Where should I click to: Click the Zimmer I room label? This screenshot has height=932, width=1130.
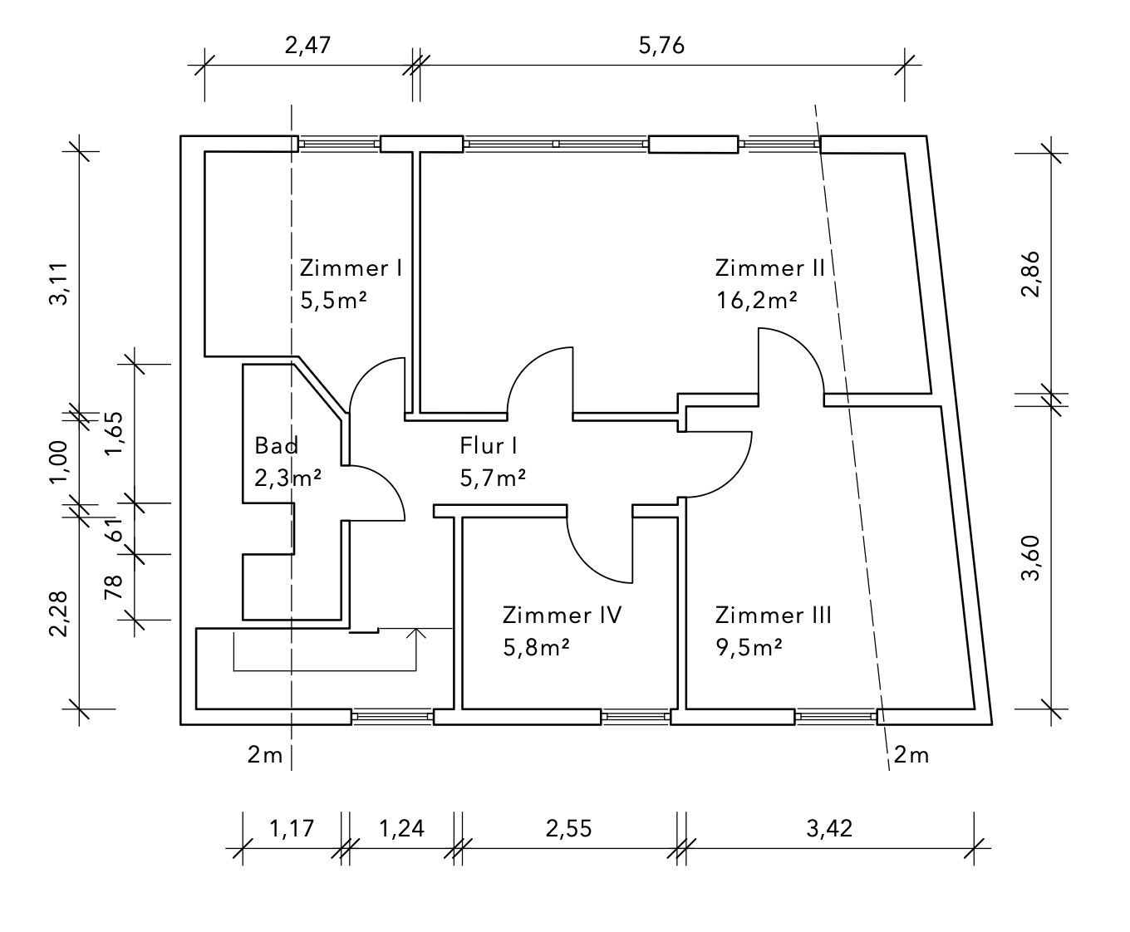coord(351,268)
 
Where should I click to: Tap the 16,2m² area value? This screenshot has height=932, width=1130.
coord(756,300)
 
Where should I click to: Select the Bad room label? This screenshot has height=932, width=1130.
coord(277,446)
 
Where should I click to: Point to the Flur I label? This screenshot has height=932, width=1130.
coord(489,446)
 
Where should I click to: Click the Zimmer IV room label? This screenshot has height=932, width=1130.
coord(562,616)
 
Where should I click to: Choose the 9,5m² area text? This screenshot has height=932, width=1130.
coord(749,647)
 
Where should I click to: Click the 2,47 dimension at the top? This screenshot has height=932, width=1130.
coord(307,45)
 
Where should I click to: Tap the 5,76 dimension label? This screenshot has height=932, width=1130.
coord(661,45)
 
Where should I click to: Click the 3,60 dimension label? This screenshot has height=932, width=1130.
coord(1031,561)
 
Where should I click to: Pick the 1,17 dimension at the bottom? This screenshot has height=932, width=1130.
coord(291,828)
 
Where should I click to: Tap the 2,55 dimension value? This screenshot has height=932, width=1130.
coord(569,828)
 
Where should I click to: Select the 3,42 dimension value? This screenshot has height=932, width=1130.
coord(829,828)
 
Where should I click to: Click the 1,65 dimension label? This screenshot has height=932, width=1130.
coord(114,434)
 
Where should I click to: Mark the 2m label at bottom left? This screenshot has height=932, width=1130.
coord(265,755)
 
